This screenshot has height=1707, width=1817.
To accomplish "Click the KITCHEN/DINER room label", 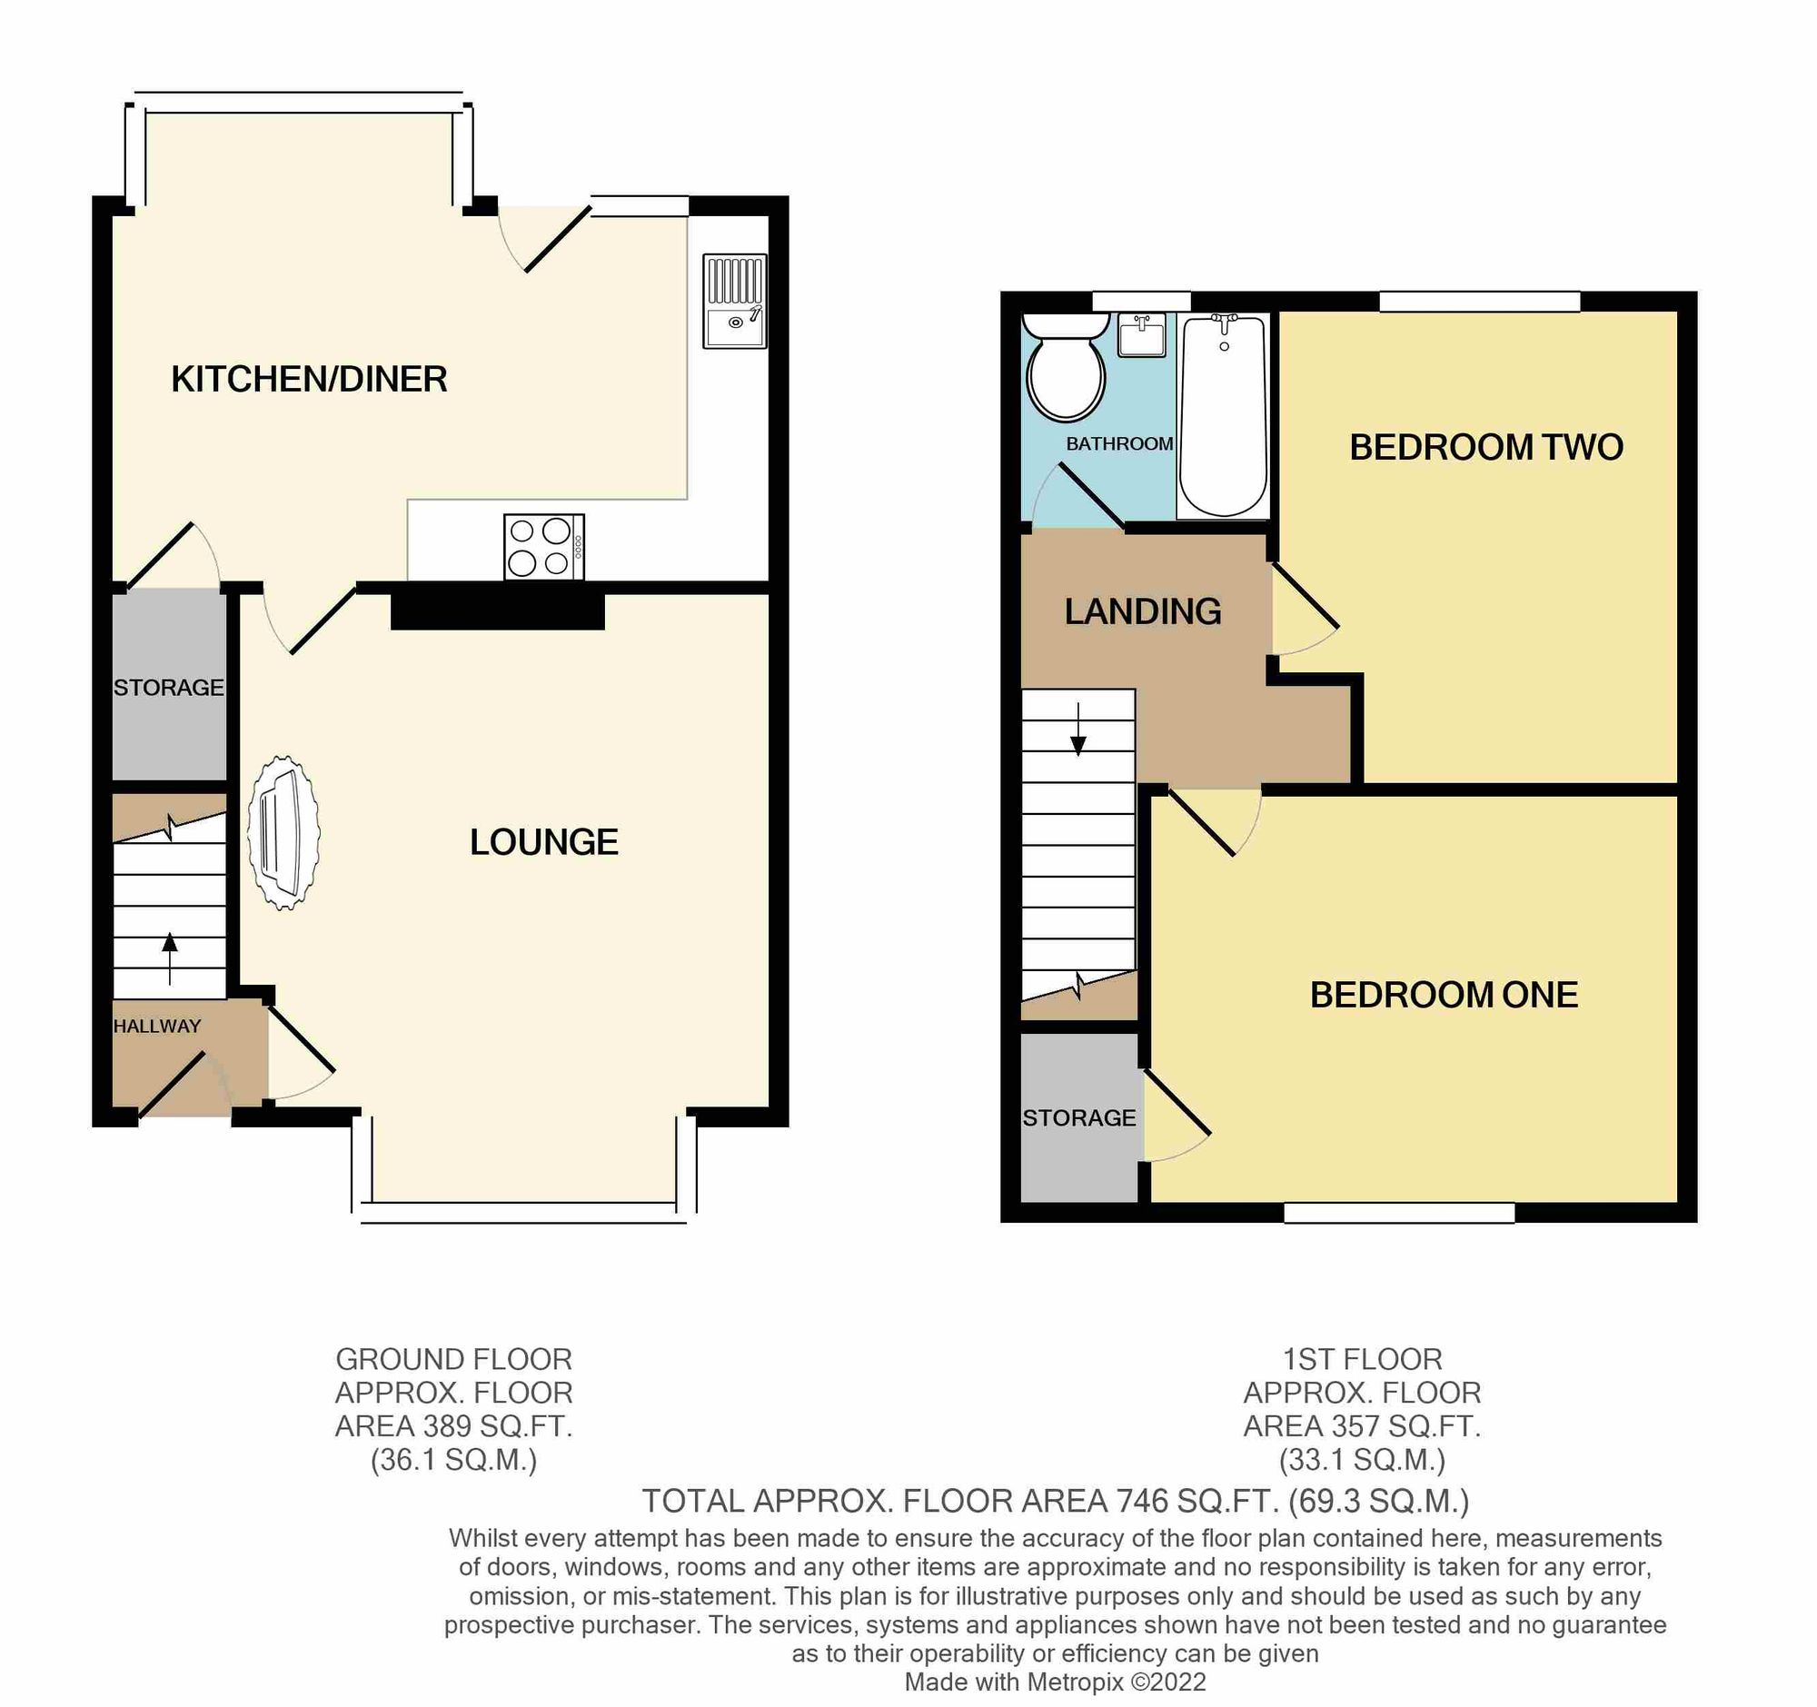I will coord(309,379).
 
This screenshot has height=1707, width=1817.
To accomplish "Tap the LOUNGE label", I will coord(544,842).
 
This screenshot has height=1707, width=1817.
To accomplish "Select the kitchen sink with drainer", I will coord(734,301).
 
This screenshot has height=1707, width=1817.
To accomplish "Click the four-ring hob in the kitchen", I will coord(544,548).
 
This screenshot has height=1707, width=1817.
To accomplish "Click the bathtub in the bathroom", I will coord(1223,416).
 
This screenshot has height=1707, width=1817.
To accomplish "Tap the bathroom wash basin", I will coord(1142,335).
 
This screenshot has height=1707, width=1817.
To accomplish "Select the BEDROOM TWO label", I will coord(1486,448).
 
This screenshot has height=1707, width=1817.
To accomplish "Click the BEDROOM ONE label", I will coord(1445,995).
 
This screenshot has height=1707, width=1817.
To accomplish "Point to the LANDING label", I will coord(1143,611).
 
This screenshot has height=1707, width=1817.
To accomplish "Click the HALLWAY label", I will coord(157,1027).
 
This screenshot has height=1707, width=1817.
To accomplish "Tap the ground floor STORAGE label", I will coord(168,687).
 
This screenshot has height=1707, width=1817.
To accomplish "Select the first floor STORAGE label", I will coord(1078,1117).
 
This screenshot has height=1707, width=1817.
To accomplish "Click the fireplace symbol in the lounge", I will coord(283,832).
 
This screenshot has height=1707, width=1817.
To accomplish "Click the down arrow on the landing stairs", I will coord(1078,731).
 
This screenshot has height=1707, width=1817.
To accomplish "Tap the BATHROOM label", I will coord(1119,444).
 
